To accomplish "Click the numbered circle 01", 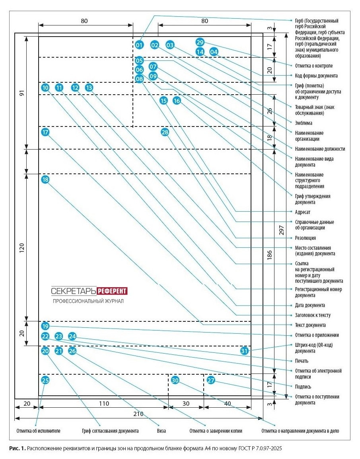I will click(139, 45).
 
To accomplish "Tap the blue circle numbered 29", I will click(200, 42).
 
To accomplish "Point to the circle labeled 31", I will click(245, 351).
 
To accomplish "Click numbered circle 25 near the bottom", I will click(45, 380).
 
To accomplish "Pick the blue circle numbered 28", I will click(165, 132).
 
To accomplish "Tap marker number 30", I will click(175, 380).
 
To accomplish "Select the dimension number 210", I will click(138, 414).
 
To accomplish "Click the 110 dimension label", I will click(104, 403).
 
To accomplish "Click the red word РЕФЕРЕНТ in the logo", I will click(113, 291).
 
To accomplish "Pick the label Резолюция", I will click(305, 238).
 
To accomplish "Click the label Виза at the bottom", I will click(161, 431).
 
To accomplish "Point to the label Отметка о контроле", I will click(313, 66).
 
